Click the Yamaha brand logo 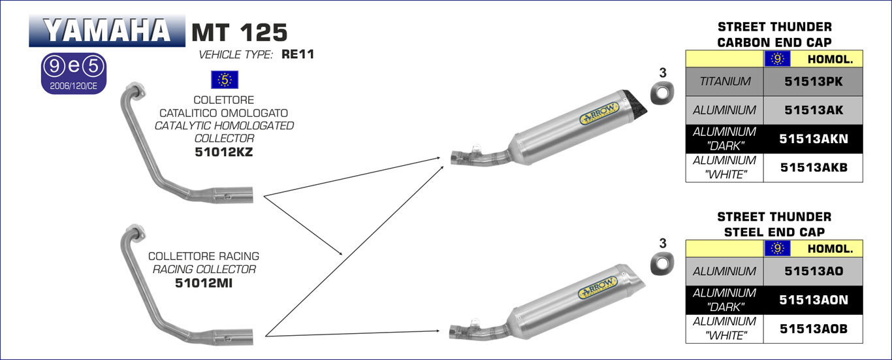pyautogui.click(x=106, y=31)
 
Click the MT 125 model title pyautogui.click(x=240, y=32)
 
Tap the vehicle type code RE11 pyautogui.click(x=298, y=54)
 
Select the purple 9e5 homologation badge pyautogui.click(x=74, y=74)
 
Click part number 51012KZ pyautogui.click(x=224, y=152)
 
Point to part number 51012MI pyautogui.click(x=204, y=283)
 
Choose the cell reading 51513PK pyautogui.click(x=813, y=82)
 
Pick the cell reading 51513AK pyautogui.click(x=813, y=110)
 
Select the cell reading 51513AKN pyautogui.click(x=813, y=139)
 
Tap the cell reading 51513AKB pyautogui.click(x=813, y=168)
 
